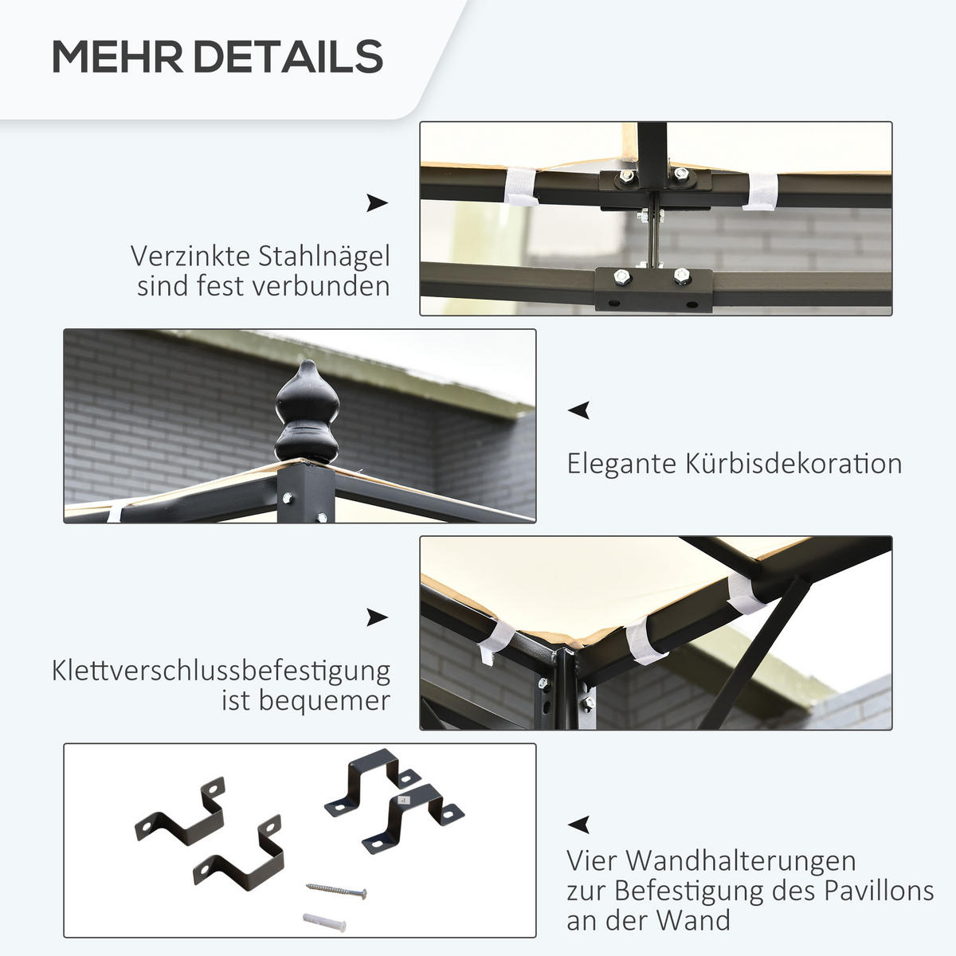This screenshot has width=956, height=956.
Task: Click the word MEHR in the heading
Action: point(118,57)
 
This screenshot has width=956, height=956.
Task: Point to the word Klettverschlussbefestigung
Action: point(221,671)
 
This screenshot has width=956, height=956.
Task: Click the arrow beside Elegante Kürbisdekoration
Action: point(578,410)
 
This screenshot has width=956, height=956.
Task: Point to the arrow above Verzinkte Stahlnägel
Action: point(377,203)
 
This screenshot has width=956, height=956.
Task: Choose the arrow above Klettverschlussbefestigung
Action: point(377,617)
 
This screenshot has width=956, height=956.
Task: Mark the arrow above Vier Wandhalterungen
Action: point(578,825)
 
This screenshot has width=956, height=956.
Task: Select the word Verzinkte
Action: point(190,257)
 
